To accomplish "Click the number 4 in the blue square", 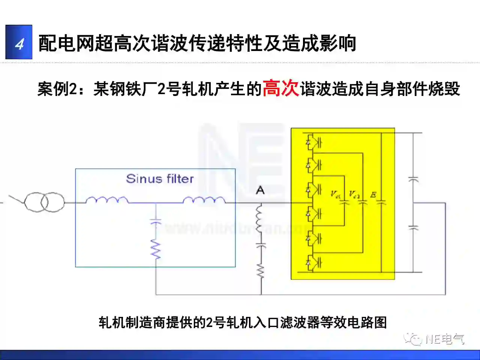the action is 19,43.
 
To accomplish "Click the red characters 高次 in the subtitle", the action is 280,88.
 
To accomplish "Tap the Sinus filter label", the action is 160,179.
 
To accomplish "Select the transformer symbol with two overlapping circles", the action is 44,202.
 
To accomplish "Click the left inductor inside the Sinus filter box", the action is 106,200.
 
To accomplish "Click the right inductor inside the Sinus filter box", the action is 204,200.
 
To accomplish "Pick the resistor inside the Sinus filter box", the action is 156,249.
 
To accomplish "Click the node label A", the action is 260,190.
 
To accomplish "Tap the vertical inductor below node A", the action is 260,222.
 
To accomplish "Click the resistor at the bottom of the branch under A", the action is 261,271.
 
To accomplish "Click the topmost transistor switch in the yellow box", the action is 314,142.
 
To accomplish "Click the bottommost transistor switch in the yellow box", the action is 314,262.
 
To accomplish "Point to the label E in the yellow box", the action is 373,195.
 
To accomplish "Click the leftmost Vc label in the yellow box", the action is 335,194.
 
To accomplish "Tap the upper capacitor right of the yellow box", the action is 413,179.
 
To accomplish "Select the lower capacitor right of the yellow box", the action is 413,227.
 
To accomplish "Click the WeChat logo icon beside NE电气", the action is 413,339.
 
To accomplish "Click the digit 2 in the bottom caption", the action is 209,322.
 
